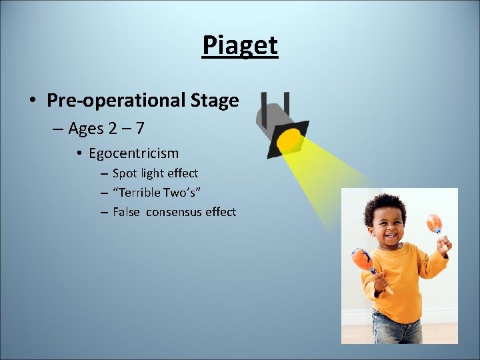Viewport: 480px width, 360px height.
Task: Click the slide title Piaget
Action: click(240, 45)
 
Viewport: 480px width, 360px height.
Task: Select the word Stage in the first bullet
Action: click(214, 101)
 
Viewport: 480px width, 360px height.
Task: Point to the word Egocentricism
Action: click(133, 153)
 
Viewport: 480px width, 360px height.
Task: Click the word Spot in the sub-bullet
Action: click(124, 173)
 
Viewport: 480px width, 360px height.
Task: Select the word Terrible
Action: click(136, 193)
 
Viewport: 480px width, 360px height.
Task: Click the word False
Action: click(126, 212)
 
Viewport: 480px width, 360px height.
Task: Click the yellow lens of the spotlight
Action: click(289, 139)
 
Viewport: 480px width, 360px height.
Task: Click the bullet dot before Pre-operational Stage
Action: click(32, 101)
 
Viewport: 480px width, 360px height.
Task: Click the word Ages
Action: click(85, 128)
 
